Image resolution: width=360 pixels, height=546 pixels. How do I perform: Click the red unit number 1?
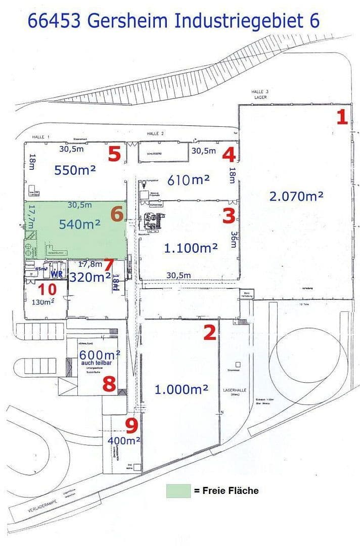[342, 117]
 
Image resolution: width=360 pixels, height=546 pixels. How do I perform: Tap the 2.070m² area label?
[296, 196]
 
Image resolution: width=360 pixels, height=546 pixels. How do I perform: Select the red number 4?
[229, 153]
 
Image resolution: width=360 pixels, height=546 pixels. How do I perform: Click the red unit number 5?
[115, 153]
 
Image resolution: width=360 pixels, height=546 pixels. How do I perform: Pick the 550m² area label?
[75, 170]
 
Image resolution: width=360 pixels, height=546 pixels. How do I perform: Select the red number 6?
[117, 214]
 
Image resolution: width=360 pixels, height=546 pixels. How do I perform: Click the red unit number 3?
[229, 216]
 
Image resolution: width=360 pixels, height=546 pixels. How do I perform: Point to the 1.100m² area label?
[191, 248]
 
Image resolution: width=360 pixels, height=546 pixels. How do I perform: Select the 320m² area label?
[90, 277]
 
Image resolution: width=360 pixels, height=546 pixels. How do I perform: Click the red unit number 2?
[210, 332]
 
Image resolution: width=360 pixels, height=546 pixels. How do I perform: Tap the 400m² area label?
[124, 440]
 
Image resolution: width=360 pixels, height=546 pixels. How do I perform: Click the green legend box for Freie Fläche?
[178, 490]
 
